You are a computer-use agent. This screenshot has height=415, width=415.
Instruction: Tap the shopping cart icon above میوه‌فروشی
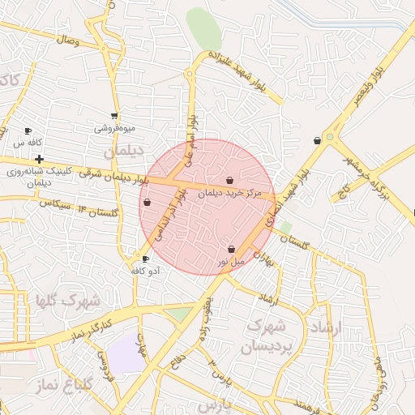click(x=114, y=116)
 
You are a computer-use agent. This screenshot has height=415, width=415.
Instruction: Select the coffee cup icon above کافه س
click(x=28, y=130)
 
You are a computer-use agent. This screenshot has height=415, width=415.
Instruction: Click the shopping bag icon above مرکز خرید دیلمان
click(x=231, y=179)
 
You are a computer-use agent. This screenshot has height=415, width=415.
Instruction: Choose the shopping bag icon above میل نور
click(x=232, y=249)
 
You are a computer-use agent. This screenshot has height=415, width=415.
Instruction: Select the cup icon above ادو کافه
click(x=145, y=259)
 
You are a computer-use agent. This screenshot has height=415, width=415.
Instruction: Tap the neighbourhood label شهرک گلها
click(x=66, y=302)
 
